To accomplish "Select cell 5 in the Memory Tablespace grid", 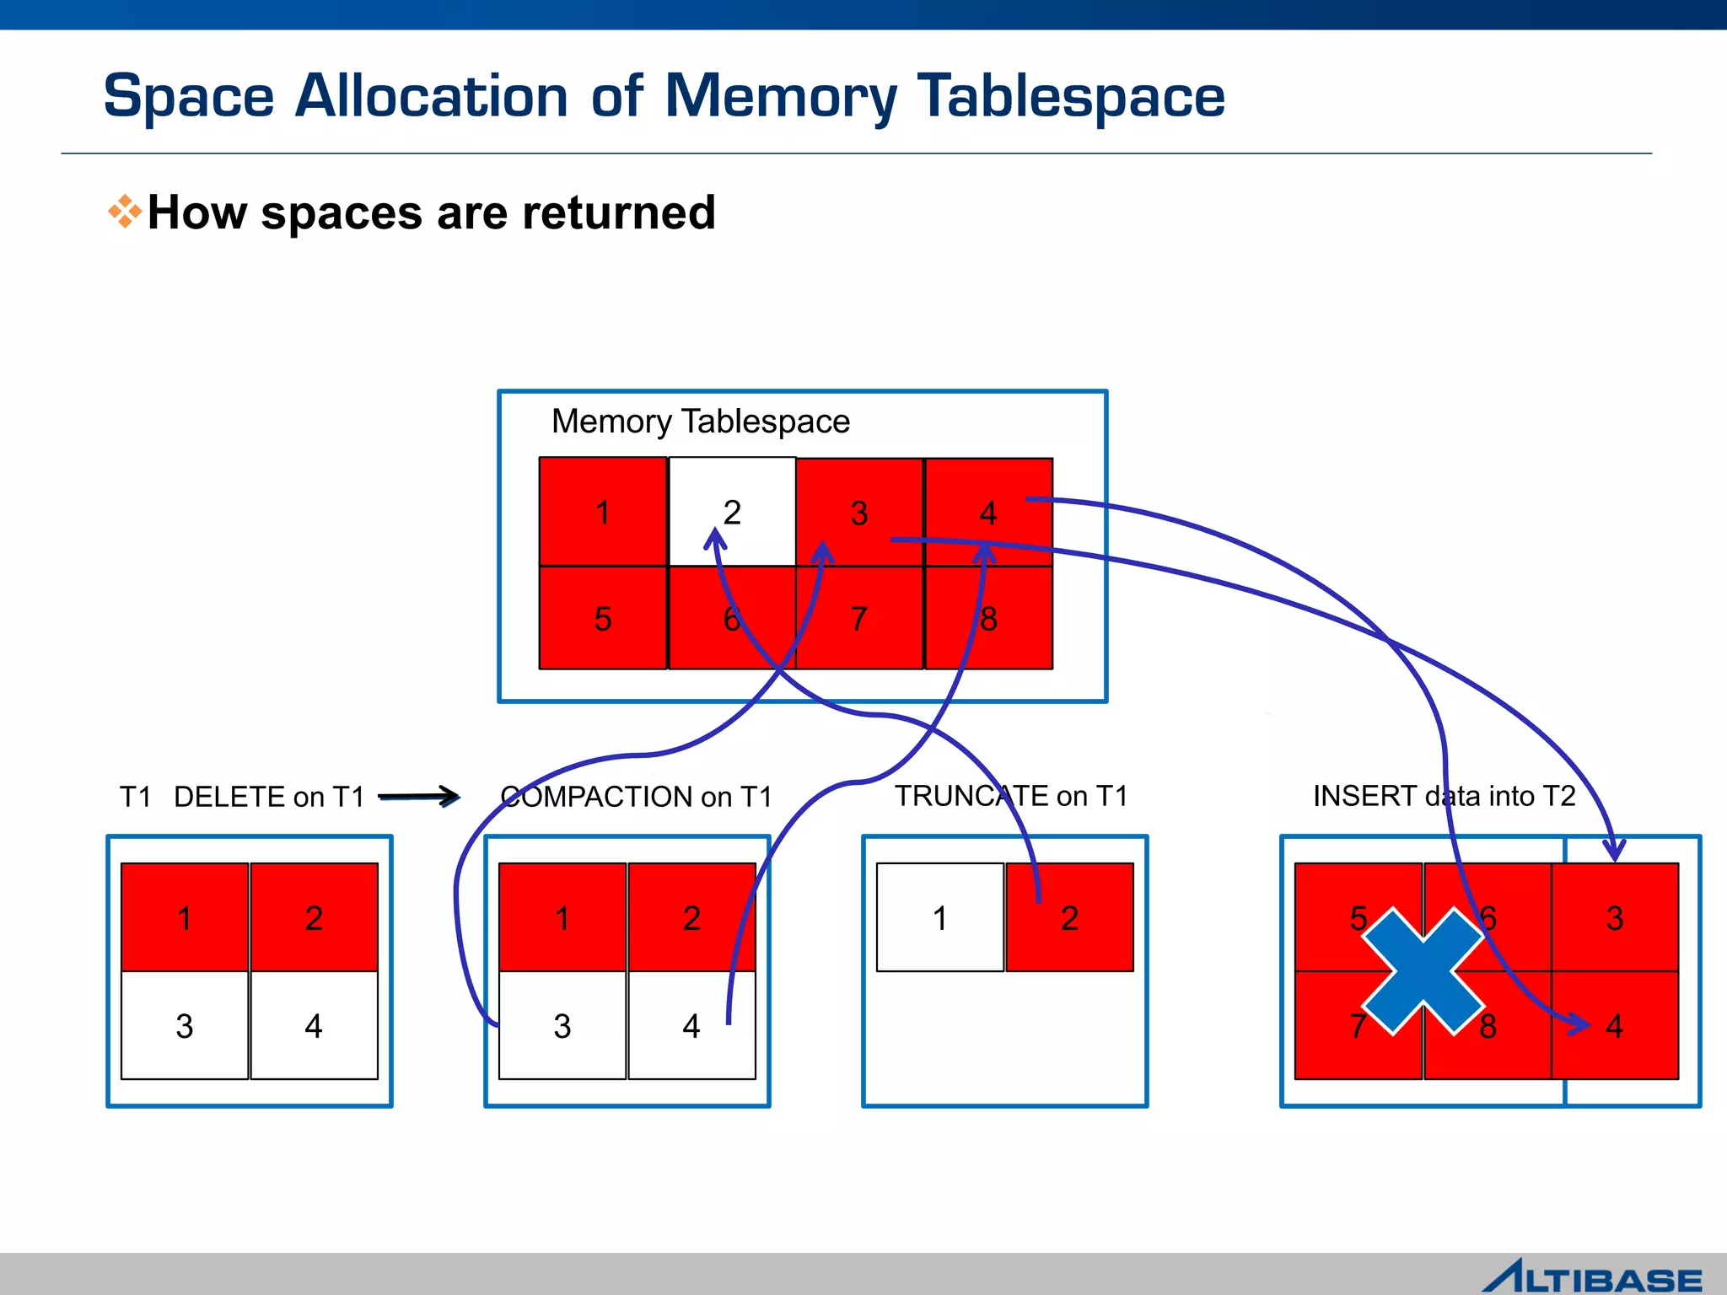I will tap(602, 618).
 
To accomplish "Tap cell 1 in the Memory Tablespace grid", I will tap(602, 511).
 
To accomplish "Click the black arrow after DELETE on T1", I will tap(419, 796).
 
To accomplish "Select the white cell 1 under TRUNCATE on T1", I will tap(939, 917).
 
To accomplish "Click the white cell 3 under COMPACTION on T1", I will tap(562, 1025).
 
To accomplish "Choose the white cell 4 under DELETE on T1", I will tap(313, 1025).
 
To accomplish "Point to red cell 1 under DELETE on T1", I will tap(184, 917).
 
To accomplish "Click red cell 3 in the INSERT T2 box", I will tap(1614, 917).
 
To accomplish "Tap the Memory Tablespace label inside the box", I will tap(700, 421).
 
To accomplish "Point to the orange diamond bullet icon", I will tap(125, 212).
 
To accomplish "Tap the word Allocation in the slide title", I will tap(431, 96).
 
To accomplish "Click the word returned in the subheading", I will tap(618, 212).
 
